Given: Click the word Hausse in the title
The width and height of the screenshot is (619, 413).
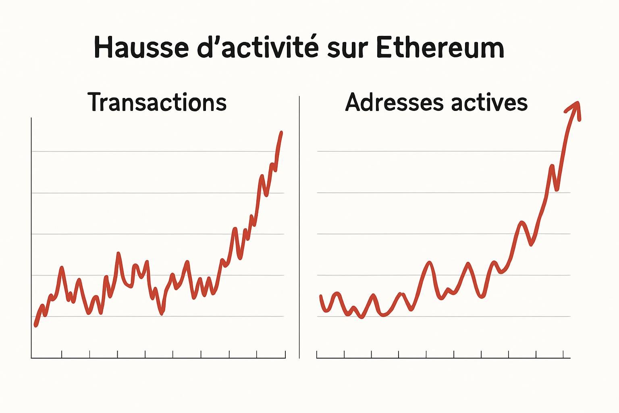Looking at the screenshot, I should [141, 48].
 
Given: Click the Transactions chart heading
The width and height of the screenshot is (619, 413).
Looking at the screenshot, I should [157, 102].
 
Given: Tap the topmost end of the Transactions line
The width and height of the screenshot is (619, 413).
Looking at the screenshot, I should [281, 132].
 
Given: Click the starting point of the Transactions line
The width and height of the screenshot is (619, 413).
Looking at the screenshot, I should [35, 325].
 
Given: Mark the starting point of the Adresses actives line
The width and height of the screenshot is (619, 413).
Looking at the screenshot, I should [321, 296].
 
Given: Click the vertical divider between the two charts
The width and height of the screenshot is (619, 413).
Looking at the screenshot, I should [299, 226].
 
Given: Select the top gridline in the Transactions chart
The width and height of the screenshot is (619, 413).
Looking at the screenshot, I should [157, 152].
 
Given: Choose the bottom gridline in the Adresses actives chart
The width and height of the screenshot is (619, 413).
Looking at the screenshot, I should [443, 317].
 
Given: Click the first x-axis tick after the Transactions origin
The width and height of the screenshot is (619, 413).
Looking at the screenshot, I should [62, 354].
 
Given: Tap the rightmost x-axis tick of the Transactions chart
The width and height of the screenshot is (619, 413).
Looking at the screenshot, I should [285, 354].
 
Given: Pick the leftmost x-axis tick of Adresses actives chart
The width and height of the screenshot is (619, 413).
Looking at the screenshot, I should [317, 355].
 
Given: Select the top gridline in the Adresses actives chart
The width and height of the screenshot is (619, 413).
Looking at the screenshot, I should [443, 152].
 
